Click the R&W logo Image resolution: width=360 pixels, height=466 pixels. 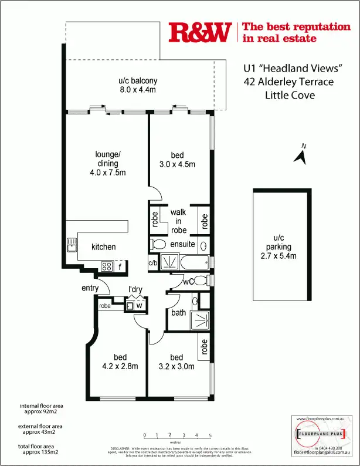point(199,33)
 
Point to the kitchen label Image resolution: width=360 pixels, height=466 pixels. point(103,247)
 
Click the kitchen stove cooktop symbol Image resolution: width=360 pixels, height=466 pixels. point(107,266)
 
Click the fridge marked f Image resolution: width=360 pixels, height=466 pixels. point(120,266)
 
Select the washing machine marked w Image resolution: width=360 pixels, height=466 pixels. point(139,305)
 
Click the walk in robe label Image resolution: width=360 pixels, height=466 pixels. point(179,221)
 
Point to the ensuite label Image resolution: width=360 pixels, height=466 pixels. point(182,244)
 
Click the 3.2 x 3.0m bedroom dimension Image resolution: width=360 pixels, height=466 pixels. point(176,367)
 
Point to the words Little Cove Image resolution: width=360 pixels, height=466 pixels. point(290,95)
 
